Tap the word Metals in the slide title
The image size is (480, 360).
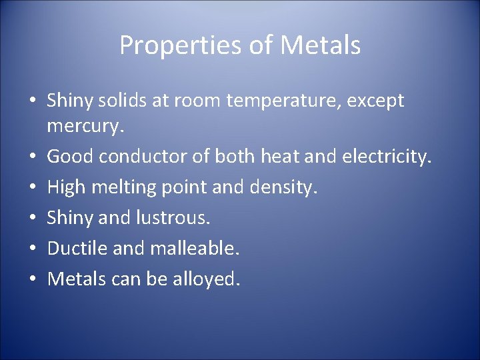coord(321,46)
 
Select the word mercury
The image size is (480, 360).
coord(83,125)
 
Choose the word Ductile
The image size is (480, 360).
coord(73,249)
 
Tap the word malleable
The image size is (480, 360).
coord(195,249)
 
